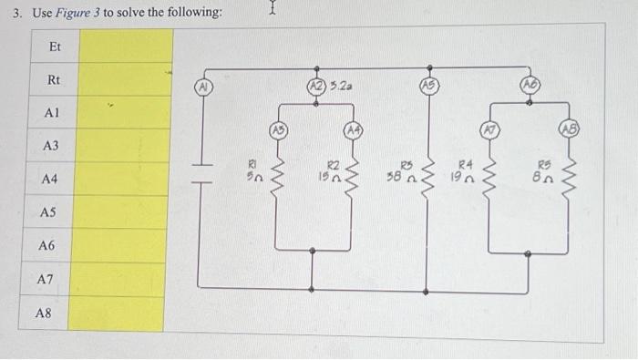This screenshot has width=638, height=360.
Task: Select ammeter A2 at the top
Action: click(x=315, y=87)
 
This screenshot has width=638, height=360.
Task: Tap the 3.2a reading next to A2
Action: click(x=341, y=87)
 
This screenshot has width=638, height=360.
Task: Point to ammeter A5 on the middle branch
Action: click(x=428, y=87)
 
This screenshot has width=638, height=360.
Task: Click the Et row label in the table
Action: click(x=54, y=46)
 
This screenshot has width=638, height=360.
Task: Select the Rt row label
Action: click(x=54, y=80)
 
